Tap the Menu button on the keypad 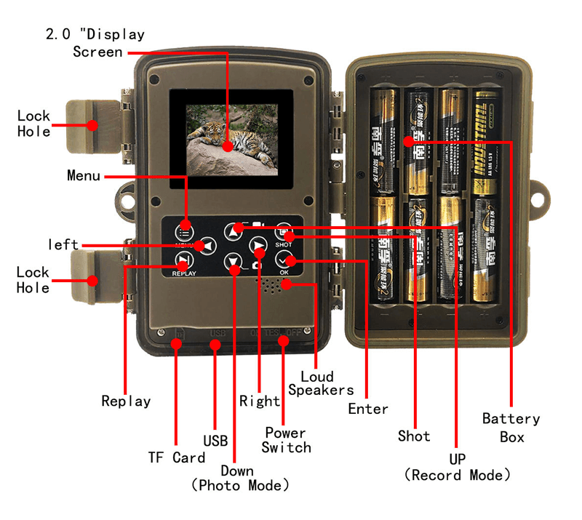184,231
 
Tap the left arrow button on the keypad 207,246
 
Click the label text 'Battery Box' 511,428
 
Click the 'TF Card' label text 177,457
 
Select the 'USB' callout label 215,440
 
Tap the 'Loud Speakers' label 321,383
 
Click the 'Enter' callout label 368,409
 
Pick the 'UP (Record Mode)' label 458,467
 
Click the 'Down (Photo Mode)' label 240,477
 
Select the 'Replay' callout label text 126,401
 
